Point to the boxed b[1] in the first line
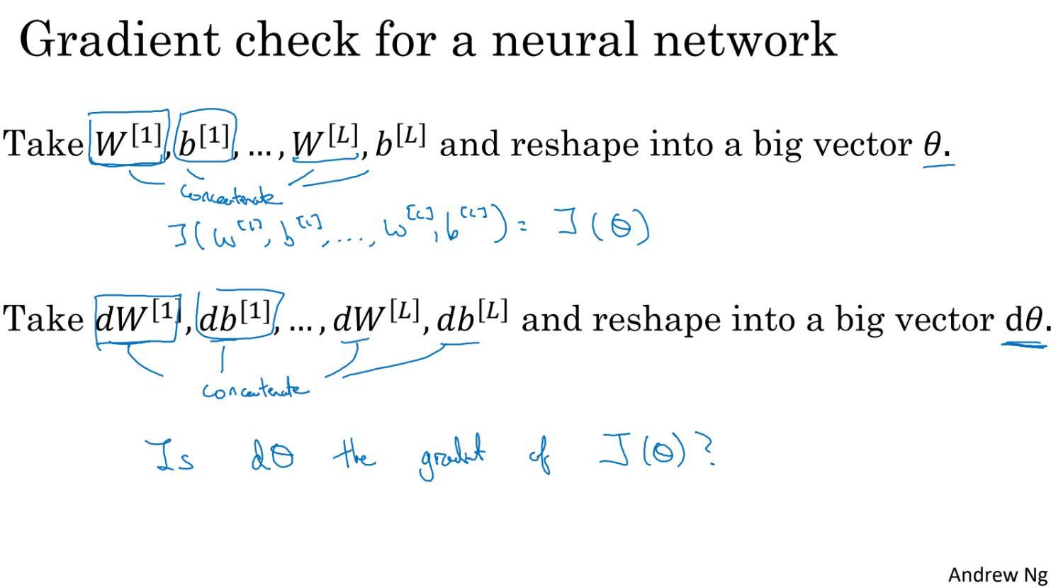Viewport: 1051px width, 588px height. (205, 138)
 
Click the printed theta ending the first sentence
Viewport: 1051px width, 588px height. (933, 144)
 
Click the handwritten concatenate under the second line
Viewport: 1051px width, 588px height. (255, 389)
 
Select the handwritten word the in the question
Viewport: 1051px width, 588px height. (354, 453)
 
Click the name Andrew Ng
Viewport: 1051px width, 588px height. (997, 575)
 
